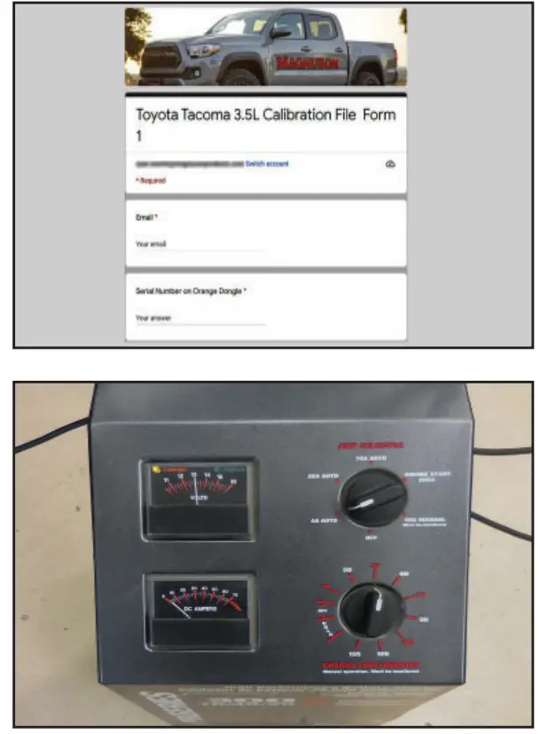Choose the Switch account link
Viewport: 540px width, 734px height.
click(267, 164)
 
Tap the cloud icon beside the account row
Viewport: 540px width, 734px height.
click(391, 164)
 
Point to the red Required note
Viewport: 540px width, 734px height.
click(150, 180)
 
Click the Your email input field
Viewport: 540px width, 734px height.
click(200, 243)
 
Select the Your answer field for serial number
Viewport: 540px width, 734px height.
click(200, 317)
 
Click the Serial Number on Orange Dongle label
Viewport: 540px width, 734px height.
click(190, 290)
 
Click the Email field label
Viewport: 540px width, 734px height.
click(145, 217)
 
